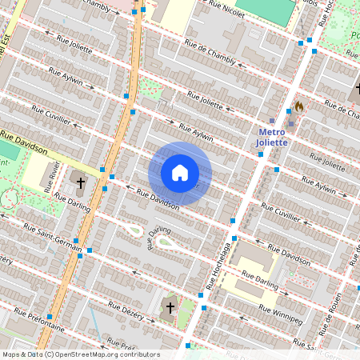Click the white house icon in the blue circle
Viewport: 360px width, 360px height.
coord(180,173)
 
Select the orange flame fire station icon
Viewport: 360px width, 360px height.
coord(298,106)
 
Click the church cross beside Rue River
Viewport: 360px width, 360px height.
coord(80,183)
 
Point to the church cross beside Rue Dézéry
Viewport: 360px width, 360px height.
coord(169,306)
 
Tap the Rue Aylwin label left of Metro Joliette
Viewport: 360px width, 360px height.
coord(196,132)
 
